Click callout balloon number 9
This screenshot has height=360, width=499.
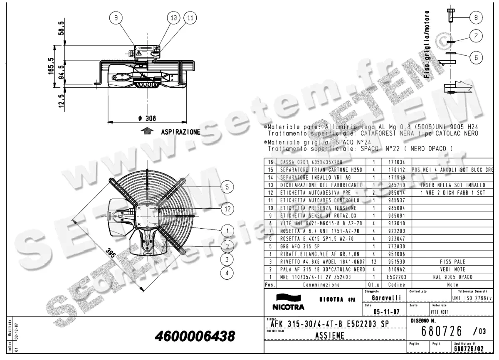click(x=116, y=18)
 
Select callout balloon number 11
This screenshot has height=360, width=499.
click(x=190, y=18)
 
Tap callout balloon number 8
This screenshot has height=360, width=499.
click(x=476, y=17)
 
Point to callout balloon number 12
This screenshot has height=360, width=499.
click(x=227, y=209)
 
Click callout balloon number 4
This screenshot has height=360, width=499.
click(x=227, y=273)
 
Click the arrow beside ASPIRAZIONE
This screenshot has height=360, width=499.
click(x=146, y=132)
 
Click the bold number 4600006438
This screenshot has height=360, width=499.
click(x=195, y=335)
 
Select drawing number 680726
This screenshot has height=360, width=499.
click(x=442, y=331)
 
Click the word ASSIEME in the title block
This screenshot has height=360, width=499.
click(x=329, y=335)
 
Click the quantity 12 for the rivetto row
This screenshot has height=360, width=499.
click(x=374, y=262)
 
